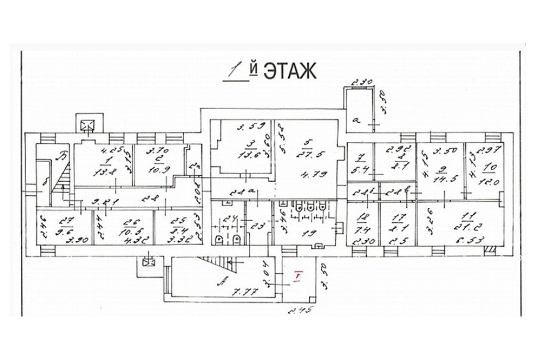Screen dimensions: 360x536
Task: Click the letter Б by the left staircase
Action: [x=60, y=159]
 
